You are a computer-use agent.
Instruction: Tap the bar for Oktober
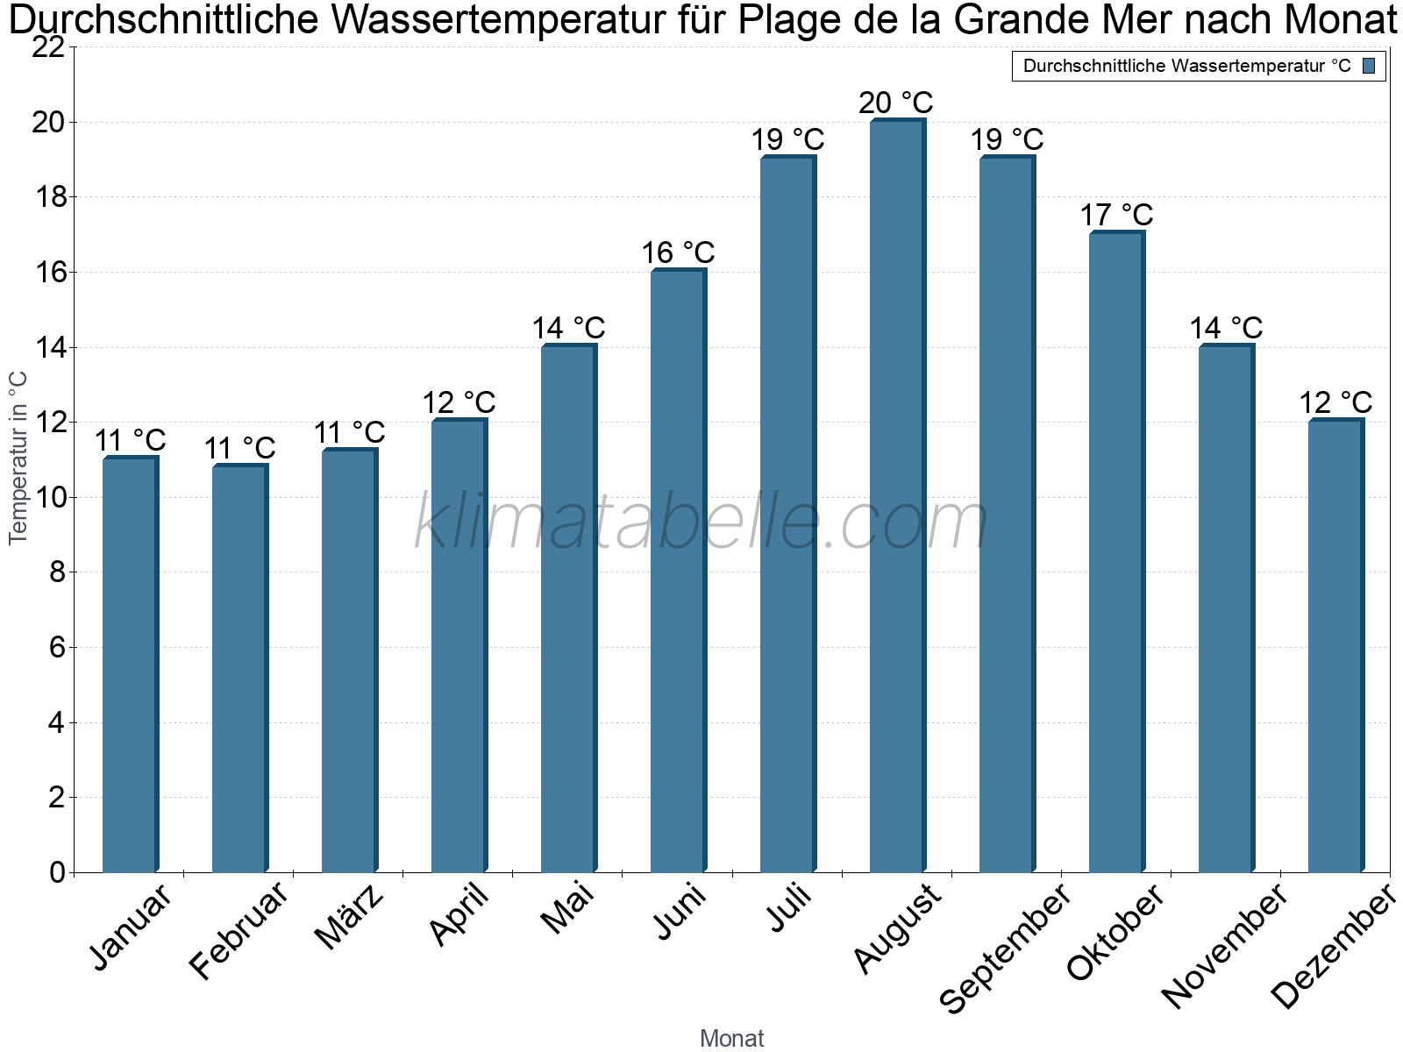[1116, 551]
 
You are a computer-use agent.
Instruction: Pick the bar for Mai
[568, 608]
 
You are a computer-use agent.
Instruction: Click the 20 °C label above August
[895, 103]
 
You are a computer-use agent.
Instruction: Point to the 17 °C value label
[1115, 215]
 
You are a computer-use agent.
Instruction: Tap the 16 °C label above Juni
[678, 253]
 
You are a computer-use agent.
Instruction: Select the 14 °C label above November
[1226, 328]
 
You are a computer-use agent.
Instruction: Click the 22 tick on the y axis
[48, 47]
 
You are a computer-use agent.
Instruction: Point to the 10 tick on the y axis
[48, 498]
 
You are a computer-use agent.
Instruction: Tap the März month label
[350, 917]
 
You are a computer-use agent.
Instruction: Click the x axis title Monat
[732, 1038]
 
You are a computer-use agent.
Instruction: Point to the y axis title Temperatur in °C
[18, 458]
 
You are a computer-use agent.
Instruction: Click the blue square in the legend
[1370, 66]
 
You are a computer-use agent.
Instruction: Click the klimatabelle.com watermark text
[701, 522]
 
